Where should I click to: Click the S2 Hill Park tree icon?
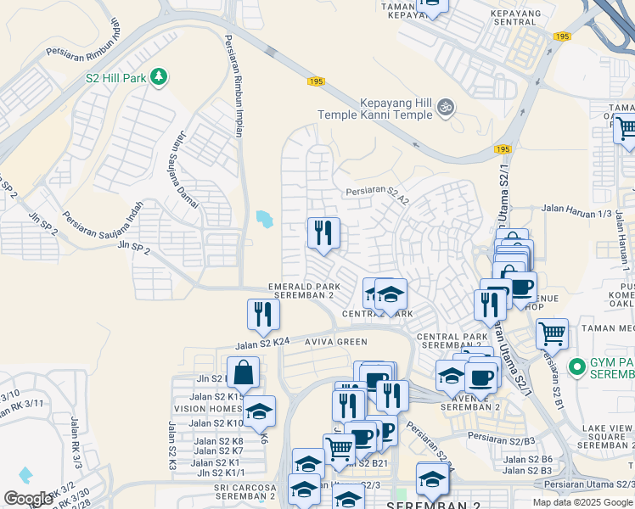(159, 78)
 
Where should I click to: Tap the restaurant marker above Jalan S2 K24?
(263, 315)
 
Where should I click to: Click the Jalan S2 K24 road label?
(262, 344)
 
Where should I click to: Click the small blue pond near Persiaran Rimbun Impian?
(265, 220)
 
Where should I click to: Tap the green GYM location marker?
(578, 367)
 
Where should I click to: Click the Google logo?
(28, 499)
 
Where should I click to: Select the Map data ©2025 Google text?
(582, 502)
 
